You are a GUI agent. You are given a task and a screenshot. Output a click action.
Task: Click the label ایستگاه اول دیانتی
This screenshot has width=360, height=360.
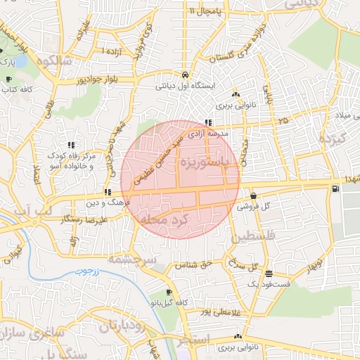coord(184,87)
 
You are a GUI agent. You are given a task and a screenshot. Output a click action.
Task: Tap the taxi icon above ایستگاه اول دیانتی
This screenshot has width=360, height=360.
coord(184,75)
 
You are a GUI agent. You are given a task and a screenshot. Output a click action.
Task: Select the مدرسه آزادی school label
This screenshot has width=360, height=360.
coord(207,133)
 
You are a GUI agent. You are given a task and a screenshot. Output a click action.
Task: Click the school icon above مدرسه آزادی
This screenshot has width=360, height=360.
coord(207,122)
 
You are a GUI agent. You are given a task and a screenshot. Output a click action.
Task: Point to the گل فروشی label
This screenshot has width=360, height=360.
coord(255,207)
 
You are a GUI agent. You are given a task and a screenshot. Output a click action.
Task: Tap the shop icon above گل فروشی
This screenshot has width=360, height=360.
coord(254,195)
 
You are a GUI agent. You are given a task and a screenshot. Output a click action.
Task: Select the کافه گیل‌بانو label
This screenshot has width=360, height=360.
coord(169,302)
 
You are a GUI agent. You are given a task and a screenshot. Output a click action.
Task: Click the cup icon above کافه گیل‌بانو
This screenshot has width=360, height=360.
coord(169,292)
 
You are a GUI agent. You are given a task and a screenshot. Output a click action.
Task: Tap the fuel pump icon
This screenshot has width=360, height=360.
coord(333,188)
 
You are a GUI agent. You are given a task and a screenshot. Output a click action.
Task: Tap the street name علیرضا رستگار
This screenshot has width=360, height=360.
coord(67,219)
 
